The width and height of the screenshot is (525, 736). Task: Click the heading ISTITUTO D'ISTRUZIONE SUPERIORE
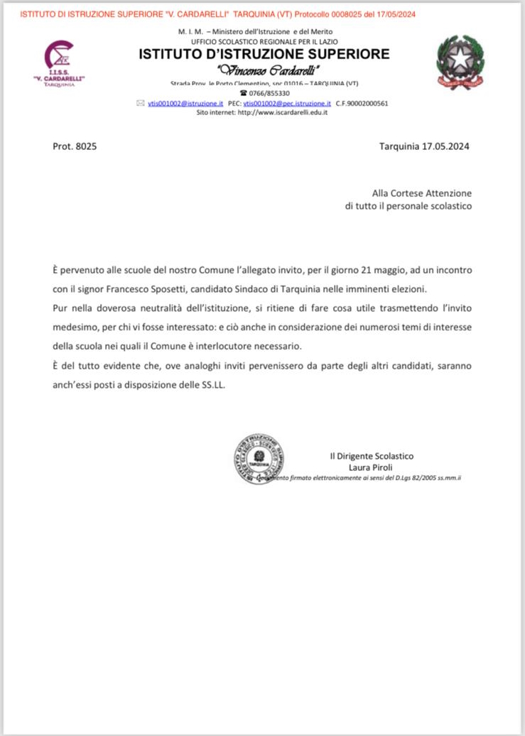point(264,54)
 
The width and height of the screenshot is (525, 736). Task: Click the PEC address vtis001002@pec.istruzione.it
point(287,103)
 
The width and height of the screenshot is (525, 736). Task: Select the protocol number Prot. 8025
point(75,146)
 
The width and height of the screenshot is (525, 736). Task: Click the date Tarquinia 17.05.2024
point(425,146)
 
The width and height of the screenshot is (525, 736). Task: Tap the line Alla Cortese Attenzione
point(421,193)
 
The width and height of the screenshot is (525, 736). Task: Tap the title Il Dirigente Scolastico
point(371,455)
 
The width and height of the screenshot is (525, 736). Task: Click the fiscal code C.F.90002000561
point(362,103)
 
